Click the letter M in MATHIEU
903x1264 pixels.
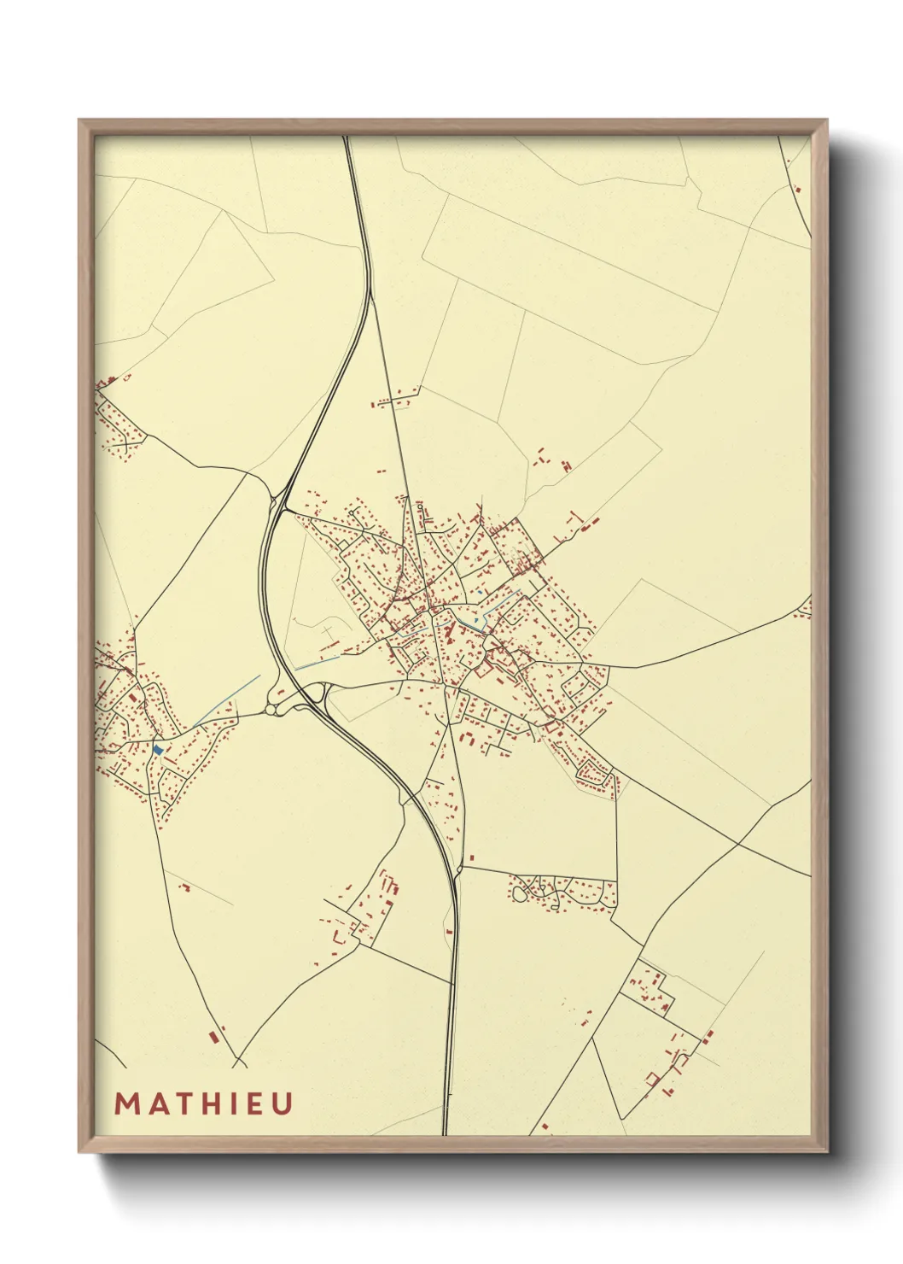127,1103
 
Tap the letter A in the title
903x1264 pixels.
155,1103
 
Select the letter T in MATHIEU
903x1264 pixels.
181,1103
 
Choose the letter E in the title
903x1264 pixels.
253,1103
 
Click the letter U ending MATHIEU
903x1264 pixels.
282,1103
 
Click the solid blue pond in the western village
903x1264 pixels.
158,750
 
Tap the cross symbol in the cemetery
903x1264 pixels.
327,633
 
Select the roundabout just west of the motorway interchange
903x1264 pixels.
272,708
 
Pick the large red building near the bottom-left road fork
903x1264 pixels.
213,1037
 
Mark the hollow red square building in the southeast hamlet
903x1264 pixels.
653,1078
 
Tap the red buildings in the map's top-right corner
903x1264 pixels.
797,190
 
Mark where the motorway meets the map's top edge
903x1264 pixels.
347,138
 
